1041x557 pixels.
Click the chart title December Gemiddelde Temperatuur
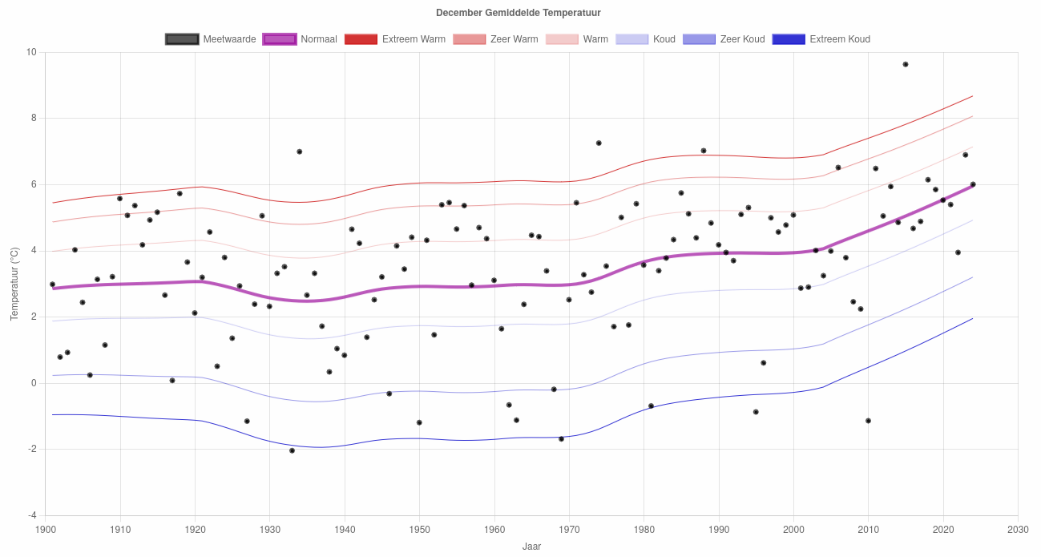click(x=518, y=13)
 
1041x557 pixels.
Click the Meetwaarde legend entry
click(x=211, y=39)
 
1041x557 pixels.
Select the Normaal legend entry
click(x=300, y=39)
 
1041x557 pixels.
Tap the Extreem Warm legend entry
click(x=394, y=39)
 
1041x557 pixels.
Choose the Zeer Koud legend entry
click(x=724, y=39)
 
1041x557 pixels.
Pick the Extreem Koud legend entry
click(x=821, y=39)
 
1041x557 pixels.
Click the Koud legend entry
click(x=645, y=39)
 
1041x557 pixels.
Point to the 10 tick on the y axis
click(x=32, y=52)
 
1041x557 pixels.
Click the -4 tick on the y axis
click(x=31, y=515)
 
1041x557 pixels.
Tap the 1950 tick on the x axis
click(x=419, y=530)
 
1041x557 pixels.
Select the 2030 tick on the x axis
click(x=1018, y=530)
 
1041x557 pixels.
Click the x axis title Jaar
click(x=531, y=547)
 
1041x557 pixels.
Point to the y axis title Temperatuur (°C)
click(x=14, y=284)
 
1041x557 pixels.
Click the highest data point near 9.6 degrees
click(x=906, y=64)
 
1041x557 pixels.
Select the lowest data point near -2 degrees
click(x=292, y=450)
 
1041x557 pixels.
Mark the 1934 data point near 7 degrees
click(x=300, y=151)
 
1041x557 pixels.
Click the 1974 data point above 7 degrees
click(x=599, y=143)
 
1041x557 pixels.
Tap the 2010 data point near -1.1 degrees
click(x=868, y=421)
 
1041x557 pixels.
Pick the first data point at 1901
click(x=53, y=285)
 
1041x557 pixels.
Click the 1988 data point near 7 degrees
click(x=704, y=151)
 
